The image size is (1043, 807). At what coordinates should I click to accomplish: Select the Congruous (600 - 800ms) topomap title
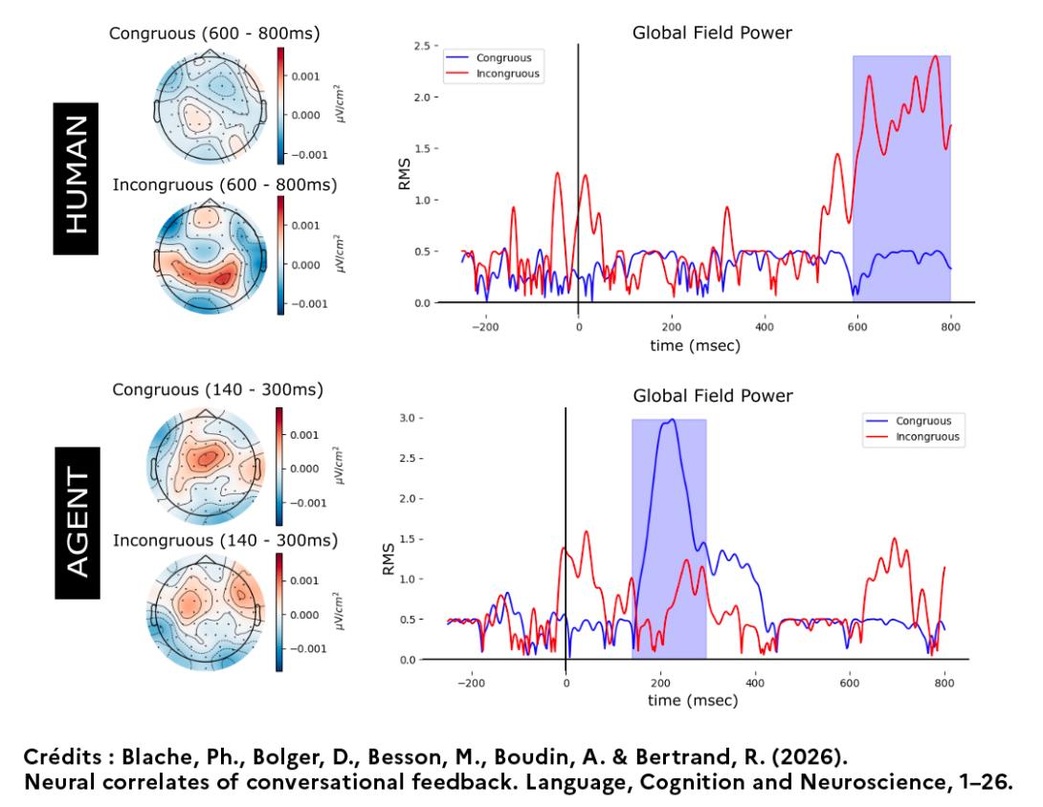point(214,34)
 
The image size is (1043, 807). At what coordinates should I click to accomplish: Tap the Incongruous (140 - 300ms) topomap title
point(225,540)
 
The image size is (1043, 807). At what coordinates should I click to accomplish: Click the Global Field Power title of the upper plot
point(712,34)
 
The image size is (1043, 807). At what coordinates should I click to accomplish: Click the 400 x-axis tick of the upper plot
point(764,325)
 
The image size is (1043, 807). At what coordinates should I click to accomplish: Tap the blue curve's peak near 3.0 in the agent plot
point(672,420)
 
